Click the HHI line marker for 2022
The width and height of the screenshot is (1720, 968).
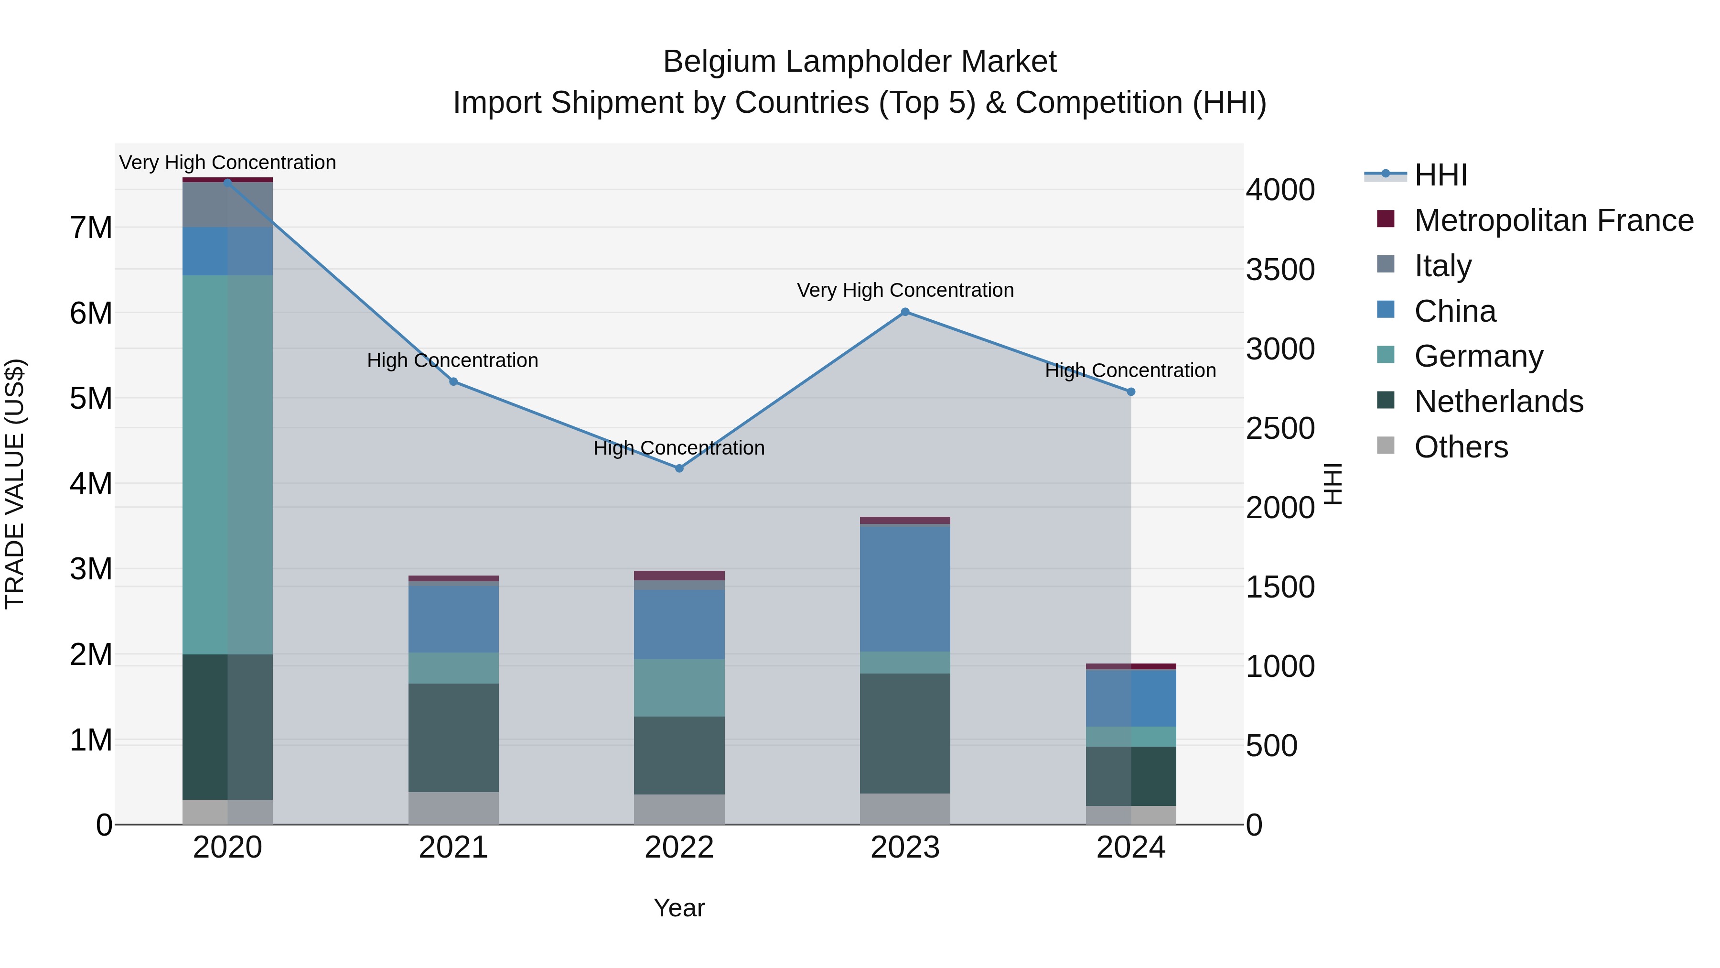point(679,468)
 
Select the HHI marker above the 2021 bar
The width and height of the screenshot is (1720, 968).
point(453,381)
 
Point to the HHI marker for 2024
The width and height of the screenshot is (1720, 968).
point(1130,392)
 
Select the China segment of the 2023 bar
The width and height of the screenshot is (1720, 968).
point(905,588)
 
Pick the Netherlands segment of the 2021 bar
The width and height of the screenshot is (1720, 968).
point(453,738)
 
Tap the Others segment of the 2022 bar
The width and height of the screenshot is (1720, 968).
point(679,809)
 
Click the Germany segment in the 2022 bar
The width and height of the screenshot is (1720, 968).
point(679,688)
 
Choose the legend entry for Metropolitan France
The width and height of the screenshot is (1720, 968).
point(1553,220)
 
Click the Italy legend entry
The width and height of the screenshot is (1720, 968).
point(1442,266)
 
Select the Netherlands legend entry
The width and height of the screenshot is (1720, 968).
point(1498,402)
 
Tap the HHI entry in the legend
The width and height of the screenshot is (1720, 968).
point(1440,175)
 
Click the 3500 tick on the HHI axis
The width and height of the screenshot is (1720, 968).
point(1280,270)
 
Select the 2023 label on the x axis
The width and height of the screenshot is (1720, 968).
point(905,848)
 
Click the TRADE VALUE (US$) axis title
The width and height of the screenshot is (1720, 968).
point(15,484)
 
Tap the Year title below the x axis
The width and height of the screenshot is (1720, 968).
point(679,908)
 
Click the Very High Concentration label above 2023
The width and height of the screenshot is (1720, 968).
point(905,291)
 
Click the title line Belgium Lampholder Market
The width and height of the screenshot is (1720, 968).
point(860,62)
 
